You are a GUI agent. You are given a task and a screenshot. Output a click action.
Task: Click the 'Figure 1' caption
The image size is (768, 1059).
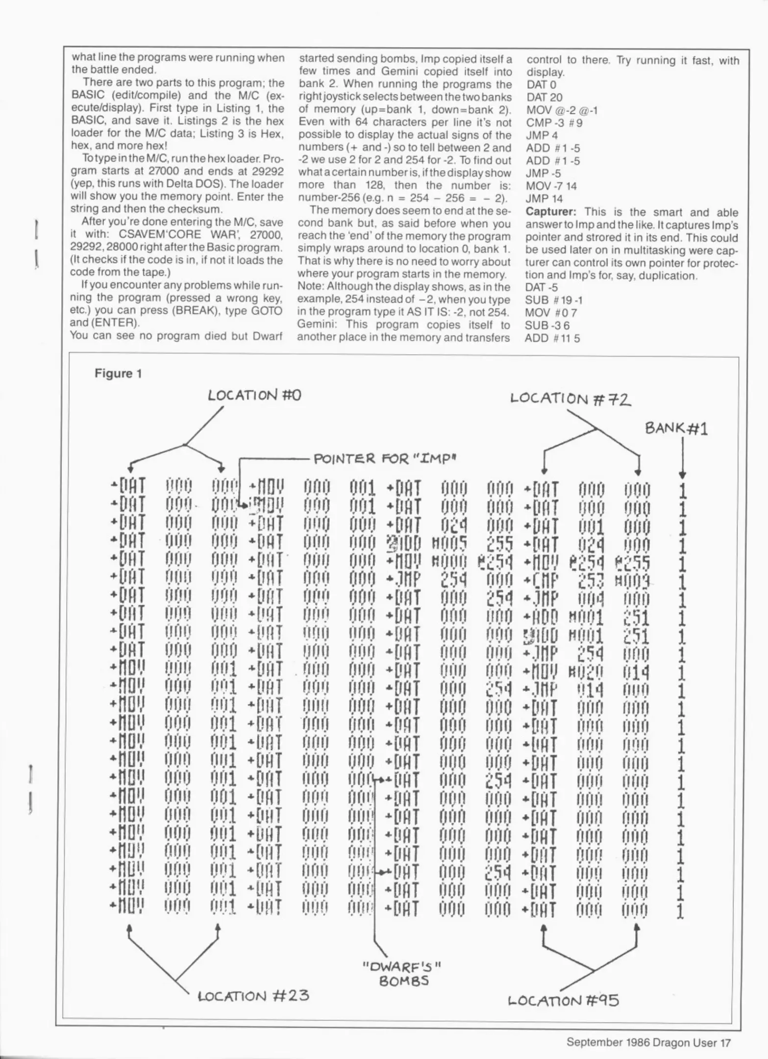pos(118,374)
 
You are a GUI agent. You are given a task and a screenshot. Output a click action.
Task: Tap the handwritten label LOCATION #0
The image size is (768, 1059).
pos(254,395)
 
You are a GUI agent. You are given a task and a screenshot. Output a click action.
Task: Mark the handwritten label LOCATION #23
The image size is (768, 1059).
pos(253,996)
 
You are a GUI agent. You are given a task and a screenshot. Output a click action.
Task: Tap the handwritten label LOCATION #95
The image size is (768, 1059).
pos(563,1000)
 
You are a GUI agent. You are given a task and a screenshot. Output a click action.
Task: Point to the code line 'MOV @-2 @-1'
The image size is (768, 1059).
pos(562,110)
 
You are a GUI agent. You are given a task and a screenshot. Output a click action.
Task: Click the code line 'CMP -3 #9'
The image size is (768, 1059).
pos(554,123)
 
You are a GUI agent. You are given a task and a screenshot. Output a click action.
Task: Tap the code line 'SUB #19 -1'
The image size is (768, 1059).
pos(553,300)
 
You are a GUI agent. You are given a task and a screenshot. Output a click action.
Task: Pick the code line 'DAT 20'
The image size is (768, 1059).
pos(544,98)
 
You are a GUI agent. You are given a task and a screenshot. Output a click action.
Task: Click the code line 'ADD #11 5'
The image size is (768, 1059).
pos(552,338)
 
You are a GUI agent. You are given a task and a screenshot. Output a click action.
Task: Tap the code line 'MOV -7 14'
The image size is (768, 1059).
pos(551,186)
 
